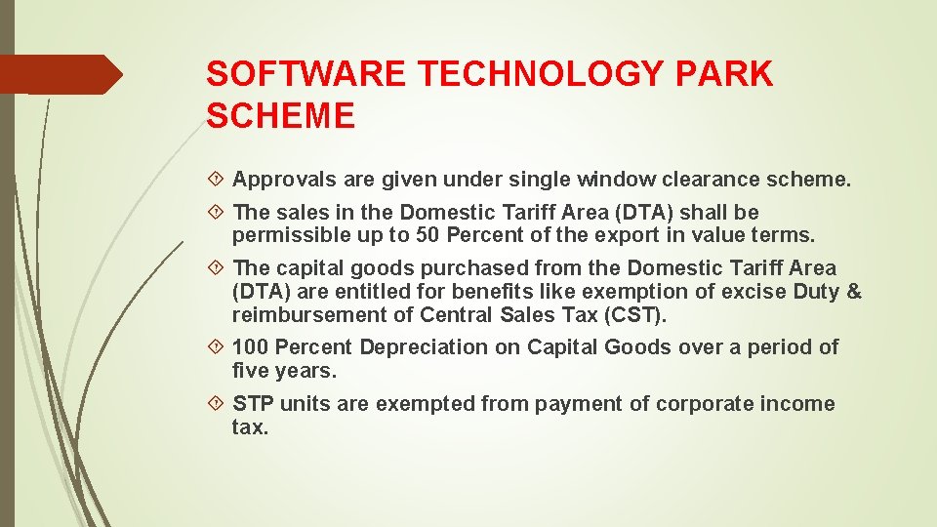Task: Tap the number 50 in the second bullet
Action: point(426,235)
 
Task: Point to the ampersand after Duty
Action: point(854,292)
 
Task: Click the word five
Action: point(252,371)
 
